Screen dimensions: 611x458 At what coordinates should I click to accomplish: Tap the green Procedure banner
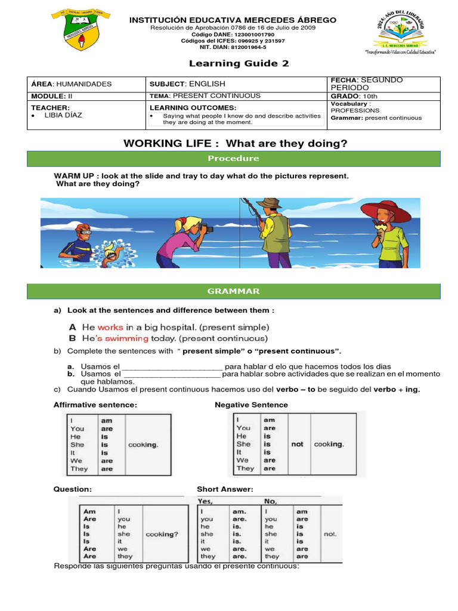pos(233,158)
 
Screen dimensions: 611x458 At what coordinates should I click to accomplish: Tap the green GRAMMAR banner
pos(233,291)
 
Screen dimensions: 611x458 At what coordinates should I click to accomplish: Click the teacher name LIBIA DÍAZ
pos(66,115)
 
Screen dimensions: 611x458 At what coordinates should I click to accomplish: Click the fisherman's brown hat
pos(268,203)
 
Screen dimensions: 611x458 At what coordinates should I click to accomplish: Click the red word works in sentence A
pos(110,327)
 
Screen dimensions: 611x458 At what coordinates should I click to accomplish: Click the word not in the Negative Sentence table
pos(298,444)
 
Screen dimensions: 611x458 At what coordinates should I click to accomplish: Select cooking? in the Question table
pos(162,535)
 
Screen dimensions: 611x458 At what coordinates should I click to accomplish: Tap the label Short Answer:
pos(225,489)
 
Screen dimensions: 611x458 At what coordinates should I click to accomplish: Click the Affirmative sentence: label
pos(95,405)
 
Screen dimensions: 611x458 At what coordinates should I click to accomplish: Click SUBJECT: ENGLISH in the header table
pos(187,84)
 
